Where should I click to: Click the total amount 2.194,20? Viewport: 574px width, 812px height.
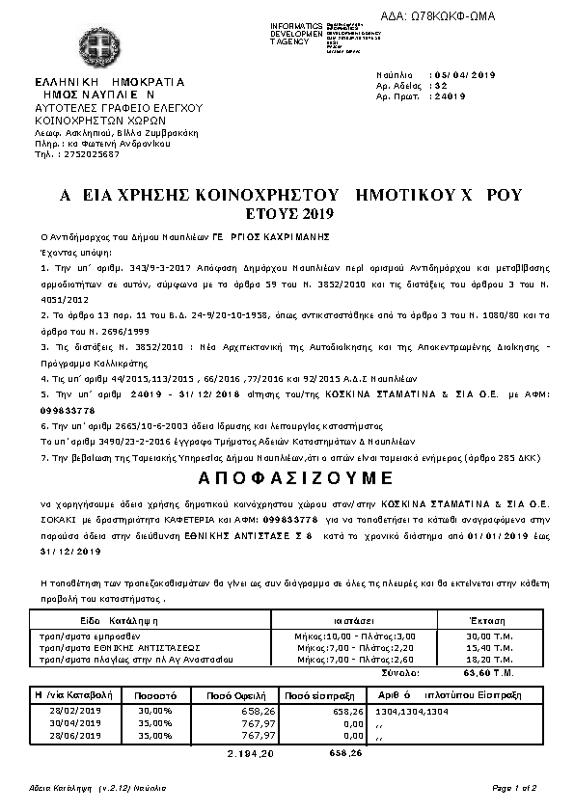pyautogui.click(x=250, y=751)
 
